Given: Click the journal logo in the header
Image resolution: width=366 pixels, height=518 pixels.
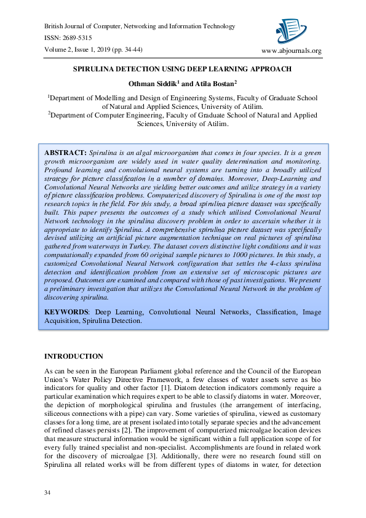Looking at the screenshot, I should coord(291,30).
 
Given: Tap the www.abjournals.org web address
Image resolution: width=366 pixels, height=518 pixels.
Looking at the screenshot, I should coord(292,50).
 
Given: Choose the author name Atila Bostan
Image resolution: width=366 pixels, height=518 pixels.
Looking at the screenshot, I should coord(216,83).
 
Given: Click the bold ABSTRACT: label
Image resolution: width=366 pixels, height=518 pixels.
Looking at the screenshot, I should coord(65,151).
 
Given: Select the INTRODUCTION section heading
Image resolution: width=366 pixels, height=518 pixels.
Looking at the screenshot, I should coord(74,356).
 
